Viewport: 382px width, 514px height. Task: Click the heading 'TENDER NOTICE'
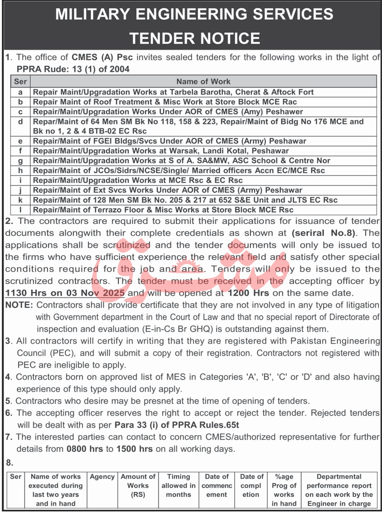coord(195,38)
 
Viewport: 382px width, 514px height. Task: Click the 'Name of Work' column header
coord(203,81)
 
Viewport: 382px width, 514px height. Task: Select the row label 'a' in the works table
coord(20,92)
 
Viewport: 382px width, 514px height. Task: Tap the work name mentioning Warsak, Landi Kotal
coord(161,151)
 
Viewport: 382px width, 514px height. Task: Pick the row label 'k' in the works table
coord(20,200)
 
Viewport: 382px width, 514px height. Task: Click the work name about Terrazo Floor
coord(163,210)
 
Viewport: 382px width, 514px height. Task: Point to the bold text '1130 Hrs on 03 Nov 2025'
coord(68,293)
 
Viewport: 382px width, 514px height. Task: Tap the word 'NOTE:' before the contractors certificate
coord(19,305)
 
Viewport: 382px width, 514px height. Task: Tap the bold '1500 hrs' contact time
coord(135,449)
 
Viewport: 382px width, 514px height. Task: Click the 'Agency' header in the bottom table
coord(102,477)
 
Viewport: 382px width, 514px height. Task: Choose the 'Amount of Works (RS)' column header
coord(138,485)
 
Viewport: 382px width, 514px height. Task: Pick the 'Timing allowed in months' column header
coord(178,485)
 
